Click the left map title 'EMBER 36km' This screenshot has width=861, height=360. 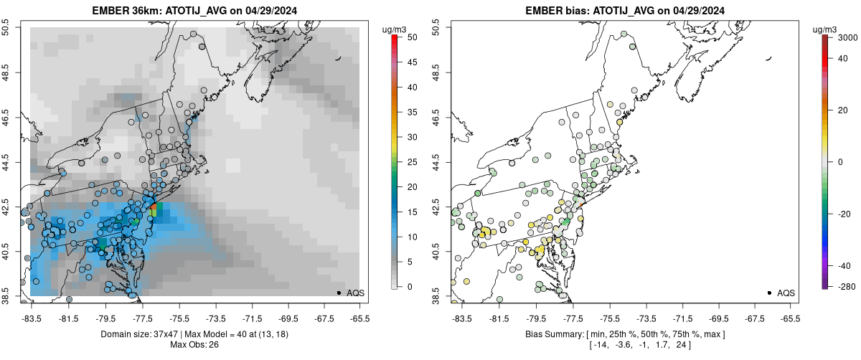tap(125, 11)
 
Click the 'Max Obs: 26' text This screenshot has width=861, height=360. tap(194, 345)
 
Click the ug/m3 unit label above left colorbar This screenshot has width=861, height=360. tap(395, 29)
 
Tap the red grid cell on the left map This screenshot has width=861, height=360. tap(153, 206)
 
